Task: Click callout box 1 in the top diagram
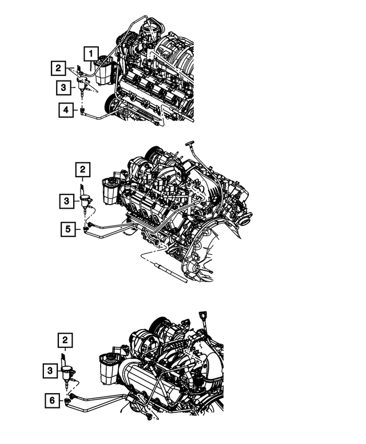click(90, 54)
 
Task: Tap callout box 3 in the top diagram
click(63, 87)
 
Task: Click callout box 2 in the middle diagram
click(82, 170)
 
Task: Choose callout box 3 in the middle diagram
click(66, 201)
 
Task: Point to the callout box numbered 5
click(68, 229)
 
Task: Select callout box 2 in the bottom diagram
click(65, 342)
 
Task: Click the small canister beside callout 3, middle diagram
click(86, 201)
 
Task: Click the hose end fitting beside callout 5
click(86, 229)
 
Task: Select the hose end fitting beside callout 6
click(69, 401)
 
